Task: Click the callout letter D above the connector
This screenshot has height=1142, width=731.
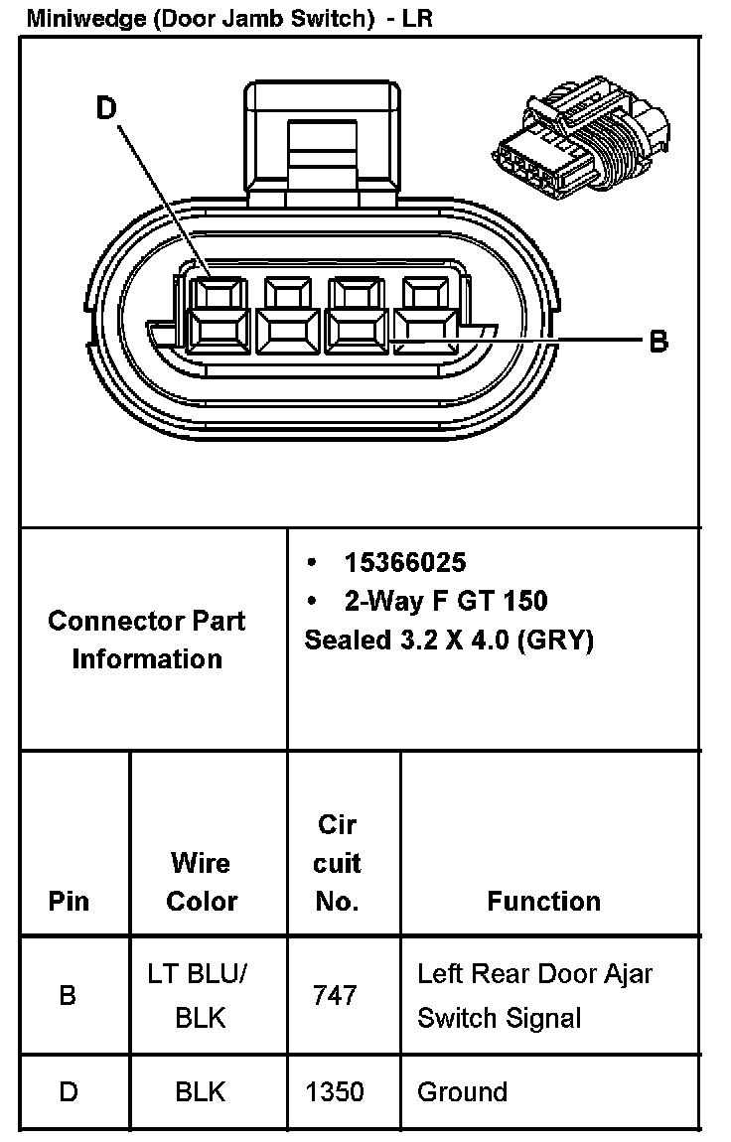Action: click(x=107, y=107)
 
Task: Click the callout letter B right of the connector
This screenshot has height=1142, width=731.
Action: click(x=658, y=342)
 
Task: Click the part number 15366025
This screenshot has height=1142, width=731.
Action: click(x=404, y=562)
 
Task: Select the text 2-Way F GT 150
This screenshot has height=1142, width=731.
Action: click(x=446, y=601)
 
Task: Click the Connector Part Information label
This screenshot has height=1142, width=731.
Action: click(x=147, y=640)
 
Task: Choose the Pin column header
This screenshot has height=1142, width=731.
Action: click(x=69, y=901)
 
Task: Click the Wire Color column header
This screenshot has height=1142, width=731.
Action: click(x=202, y=882)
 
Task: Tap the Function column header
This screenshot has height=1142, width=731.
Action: click(x=543, y=901)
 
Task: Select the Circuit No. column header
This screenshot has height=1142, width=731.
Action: click(x=337, y=863)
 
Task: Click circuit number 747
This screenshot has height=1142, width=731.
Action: click(x=335, y=995)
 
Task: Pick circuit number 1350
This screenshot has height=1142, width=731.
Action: click(x=335, y=1092)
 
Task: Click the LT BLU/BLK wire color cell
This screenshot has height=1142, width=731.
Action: click(x=200, y=995)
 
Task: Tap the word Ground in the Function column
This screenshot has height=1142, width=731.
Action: click(x=462, y=1092)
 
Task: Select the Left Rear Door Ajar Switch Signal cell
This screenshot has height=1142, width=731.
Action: click(x=534, y=995)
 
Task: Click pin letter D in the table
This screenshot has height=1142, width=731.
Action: click(x=68, y=1092)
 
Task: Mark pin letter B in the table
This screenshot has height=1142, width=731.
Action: click(x=68, y=995)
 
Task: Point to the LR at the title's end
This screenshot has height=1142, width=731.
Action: click(x=418, y=18)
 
